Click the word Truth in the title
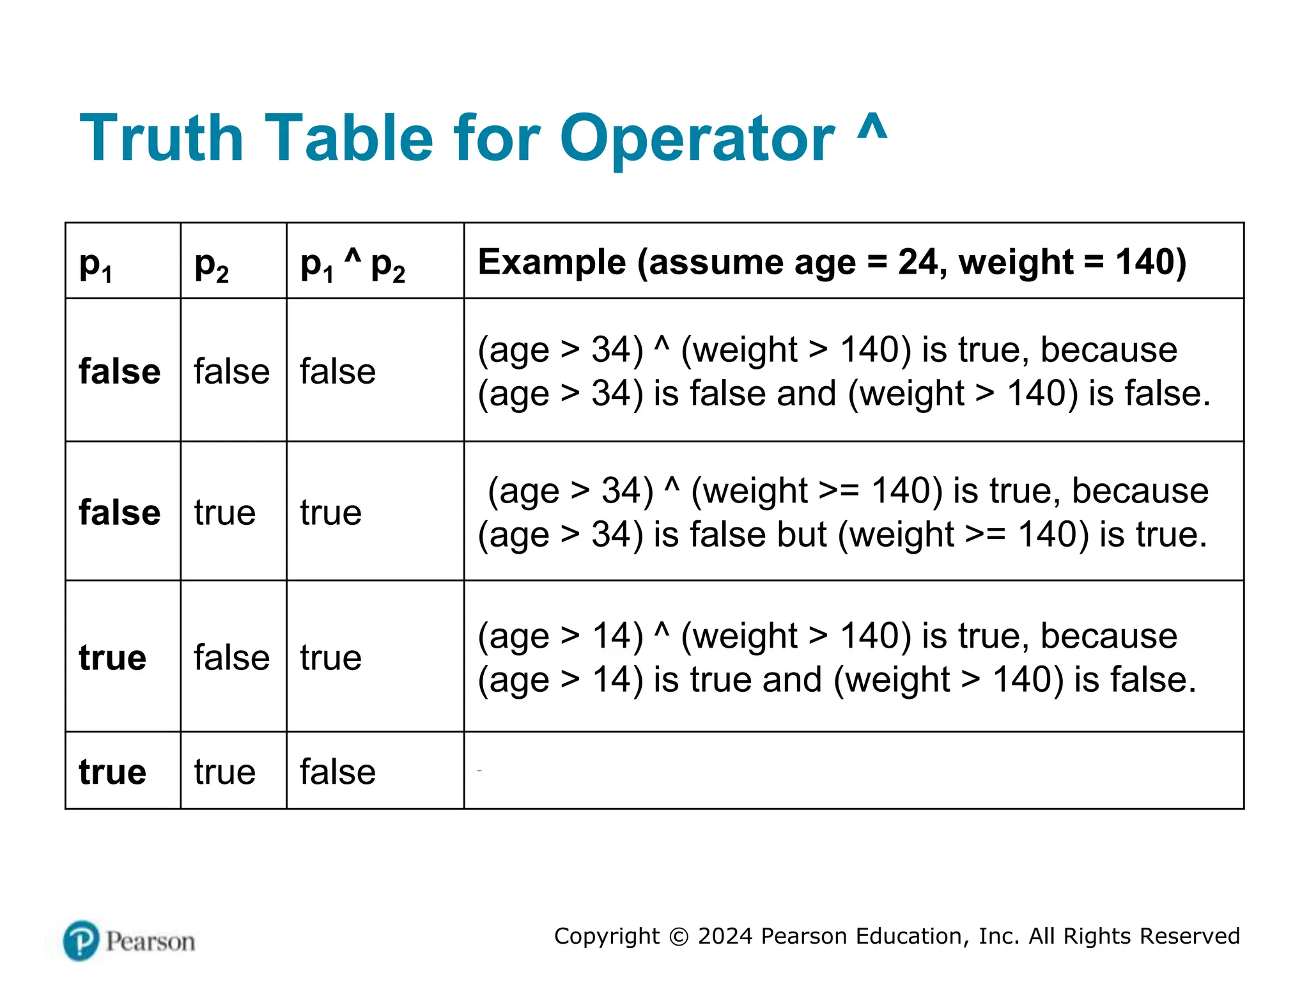point(161,138)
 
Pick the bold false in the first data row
point(120,371)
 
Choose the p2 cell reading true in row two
point(225,513)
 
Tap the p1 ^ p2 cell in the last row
point(337,772)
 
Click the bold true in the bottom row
point(112,772)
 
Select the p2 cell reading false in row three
point(231,658)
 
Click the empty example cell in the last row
point(853,771)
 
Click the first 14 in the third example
point(617,636)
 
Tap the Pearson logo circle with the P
point(81,940)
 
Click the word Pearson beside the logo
point(151,942)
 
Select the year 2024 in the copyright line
point(725,936)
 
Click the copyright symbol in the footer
point(679,937)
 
